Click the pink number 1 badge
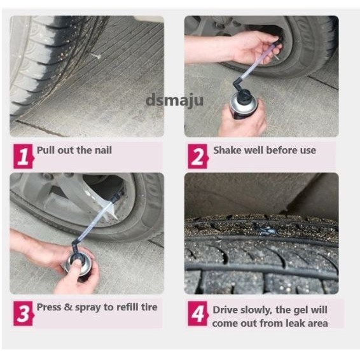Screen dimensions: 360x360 point(24,156)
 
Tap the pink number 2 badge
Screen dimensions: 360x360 point(198,156)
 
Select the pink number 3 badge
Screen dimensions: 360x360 point(24,314)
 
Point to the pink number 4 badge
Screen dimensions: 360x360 point(198,314)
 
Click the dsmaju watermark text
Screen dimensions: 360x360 point(174,100)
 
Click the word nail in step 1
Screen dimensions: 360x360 point(103,150)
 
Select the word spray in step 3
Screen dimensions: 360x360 point(88,308)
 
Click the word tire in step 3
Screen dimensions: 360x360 point(149,307)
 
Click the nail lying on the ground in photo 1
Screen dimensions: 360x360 point(96,55)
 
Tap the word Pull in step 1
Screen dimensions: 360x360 point(46,150)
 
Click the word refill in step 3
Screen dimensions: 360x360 point(128,307)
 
